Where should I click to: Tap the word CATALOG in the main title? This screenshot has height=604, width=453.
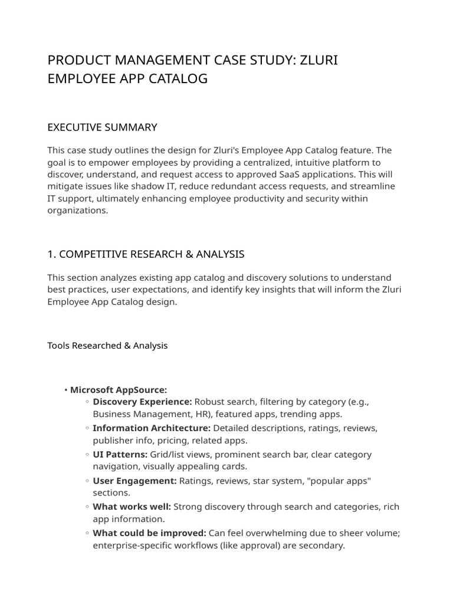point(178,78)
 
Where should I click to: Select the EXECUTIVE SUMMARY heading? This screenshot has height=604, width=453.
point(102,127)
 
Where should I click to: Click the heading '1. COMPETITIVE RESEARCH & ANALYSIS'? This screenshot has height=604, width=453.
point(146,254)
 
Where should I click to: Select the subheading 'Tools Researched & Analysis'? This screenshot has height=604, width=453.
point(107,346)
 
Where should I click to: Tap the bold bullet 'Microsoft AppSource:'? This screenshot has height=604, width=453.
point(119,390)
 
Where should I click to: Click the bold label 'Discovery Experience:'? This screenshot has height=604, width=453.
point(142,402)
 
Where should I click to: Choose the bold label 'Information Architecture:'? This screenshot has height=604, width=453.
point(152,428)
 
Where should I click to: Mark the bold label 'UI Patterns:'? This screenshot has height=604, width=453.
point(120,454)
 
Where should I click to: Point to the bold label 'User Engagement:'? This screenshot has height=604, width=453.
point(134,481)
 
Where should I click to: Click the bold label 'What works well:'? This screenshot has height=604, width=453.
point(132,507)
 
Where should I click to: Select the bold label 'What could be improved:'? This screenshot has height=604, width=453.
point(149,533)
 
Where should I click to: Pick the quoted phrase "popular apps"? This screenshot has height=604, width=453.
point(342,481)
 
